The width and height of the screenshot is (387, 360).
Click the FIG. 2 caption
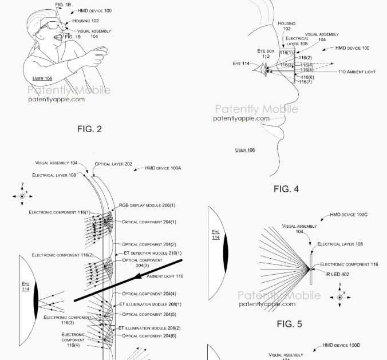pyautogui.click(x=89, y=129)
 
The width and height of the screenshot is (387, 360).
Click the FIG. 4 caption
pyautogui.click(x=286, y=188)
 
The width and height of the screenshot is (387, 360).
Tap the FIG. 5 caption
pyautogui.click(x=289, y=325)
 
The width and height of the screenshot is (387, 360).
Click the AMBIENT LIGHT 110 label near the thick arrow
pyautogui.click(x=165, y=276)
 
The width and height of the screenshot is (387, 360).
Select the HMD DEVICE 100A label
pyautogui.click(x=163, y=168)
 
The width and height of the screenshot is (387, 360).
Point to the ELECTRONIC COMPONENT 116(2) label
pyautogui.click(x=62, y=255)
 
